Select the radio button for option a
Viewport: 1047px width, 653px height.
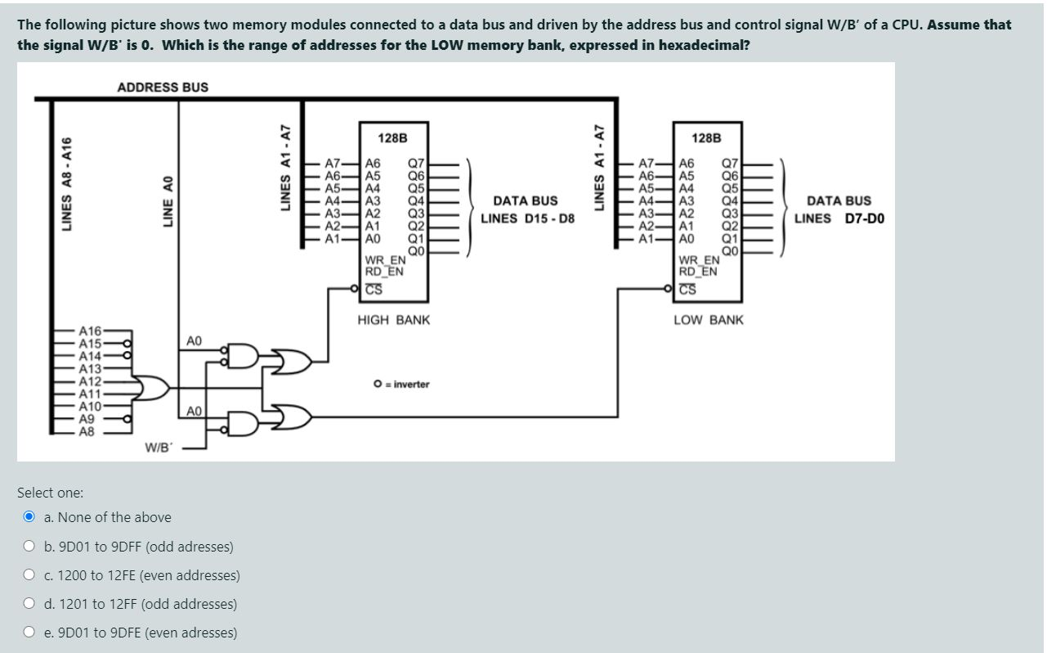pos(29,517)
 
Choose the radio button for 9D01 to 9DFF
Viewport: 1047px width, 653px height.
pos(29,547)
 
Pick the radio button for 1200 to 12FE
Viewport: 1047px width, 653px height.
pos(29,575)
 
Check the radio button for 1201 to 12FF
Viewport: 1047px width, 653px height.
pos(29,604)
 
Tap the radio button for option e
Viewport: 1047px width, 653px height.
pos(29,633)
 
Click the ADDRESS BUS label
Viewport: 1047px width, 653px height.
pos(163,87)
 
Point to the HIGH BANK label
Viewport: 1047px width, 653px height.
pos(393,320)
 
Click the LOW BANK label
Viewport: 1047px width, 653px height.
pos(708,320)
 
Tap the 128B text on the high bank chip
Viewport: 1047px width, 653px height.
pos(393,138)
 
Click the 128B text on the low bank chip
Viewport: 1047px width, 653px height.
pos(706,138)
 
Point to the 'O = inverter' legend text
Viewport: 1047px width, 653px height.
pos(400,384)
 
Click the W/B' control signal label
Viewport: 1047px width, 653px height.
pos(157,447)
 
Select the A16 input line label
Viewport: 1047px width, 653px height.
pos(90,331)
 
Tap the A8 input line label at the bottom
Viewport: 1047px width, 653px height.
pos(86,432)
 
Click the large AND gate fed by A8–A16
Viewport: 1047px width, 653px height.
pos(154,387)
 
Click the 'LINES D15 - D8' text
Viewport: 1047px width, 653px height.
pos(527,218)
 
